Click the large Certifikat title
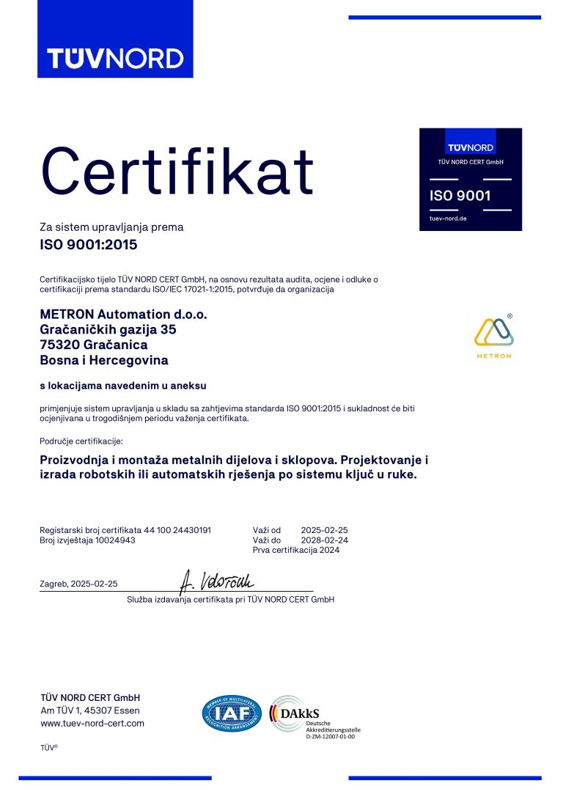point(177,169)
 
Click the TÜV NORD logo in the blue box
point(115,58)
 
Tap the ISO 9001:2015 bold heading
point(88,245)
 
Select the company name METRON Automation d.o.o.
point(123,314)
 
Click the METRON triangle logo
point(494,332)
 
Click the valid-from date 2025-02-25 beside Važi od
point(324,529)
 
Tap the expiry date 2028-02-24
point(324,540)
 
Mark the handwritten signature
point(216,581)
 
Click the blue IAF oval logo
point(232,713)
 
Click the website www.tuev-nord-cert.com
point(92,723)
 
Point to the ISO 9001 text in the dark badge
point(460,195)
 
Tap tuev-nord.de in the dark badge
point(448,219)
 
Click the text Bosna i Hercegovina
point(104,360)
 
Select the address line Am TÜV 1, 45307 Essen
point(89,710)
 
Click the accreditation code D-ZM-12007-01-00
point(330,736)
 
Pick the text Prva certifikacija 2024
point(296,550)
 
